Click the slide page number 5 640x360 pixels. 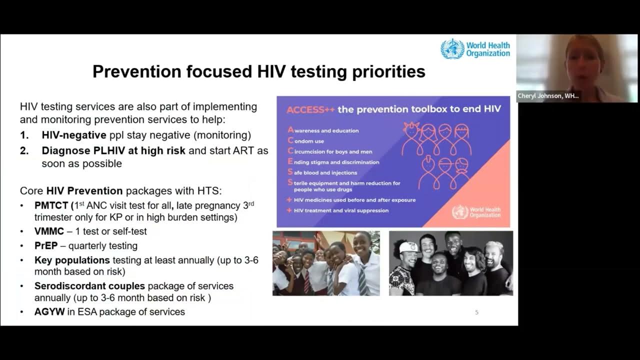476,312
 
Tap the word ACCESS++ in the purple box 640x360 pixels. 310,109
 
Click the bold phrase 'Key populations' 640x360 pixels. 72,260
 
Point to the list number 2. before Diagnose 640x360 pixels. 24,150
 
